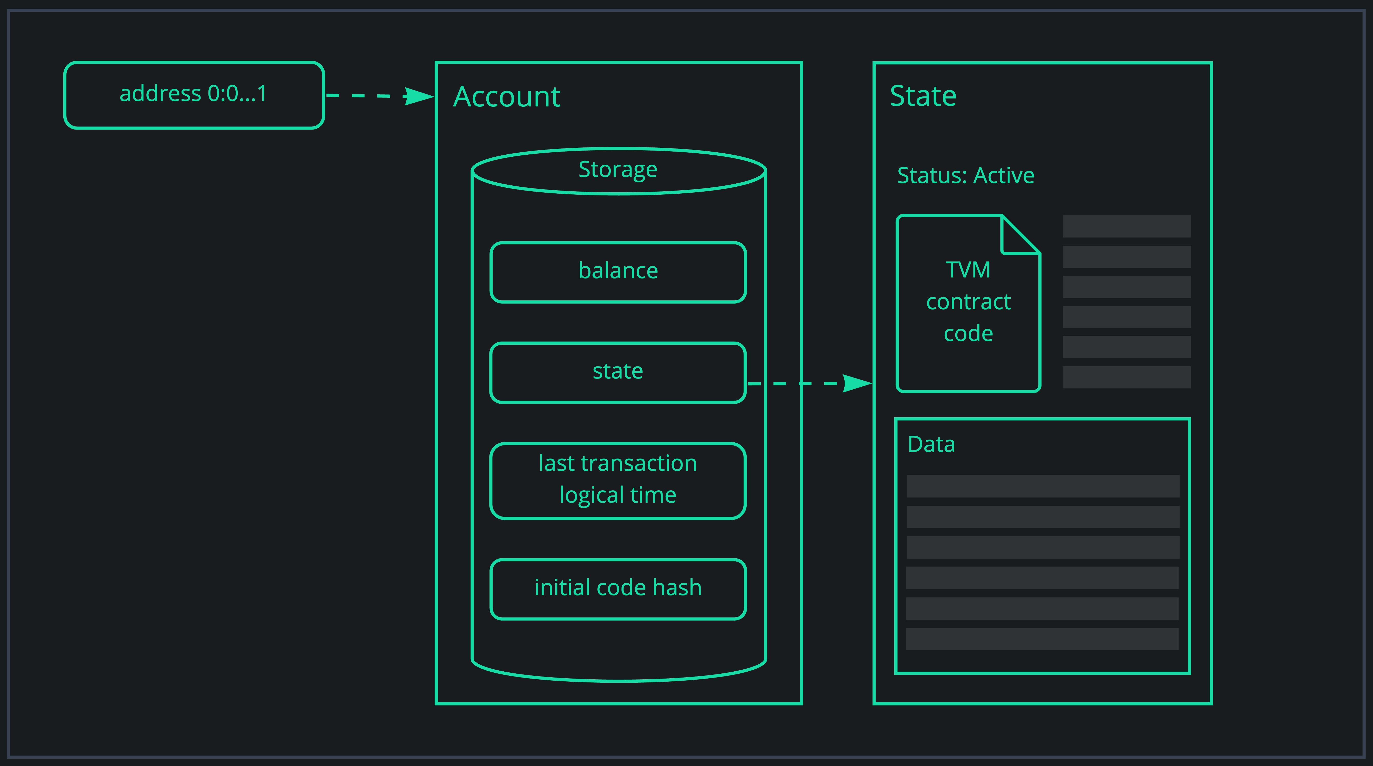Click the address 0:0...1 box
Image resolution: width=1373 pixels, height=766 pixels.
click(x=194, y=95)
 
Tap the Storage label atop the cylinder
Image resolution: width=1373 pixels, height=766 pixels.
click(x=618, y=170)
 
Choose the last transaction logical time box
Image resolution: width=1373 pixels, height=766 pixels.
click(x=618, y=480)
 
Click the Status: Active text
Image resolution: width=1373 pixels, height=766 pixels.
click(x=965, y=175)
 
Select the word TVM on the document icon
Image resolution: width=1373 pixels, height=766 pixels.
click(x=968, y=270)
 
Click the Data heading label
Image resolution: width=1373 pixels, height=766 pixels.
click(x=931, y=444)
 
